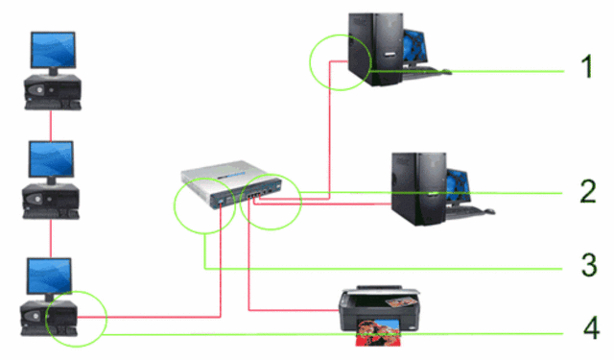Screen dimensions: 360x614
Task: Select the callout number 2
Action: [587, 192]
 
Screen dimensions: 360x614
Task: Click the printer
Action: [376, 312]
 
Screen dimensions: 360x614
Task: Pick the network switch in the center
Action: [228, 185]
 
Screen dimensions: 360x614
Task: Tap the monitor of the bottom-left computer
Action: [49, 276]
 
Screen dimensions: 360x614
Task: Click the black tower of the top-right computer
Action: [360, 48]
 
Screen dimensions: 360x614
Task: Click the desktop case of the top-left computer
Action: [49, 94]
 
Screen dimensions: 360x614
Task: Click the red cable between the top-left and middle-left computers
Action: [49, 125]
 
